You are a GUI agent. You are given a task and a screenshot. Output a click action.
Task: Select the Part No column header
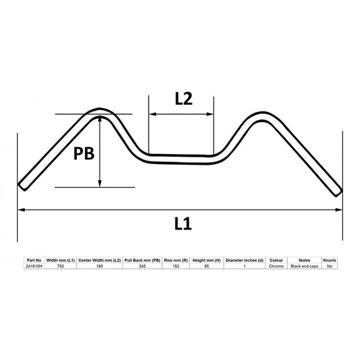point(33,259)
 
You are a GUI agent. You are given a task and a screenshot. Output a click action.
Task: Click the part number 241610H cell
point(33,266)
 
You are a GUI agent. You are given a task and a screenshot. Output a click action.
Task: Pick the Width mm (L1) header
point(61,259)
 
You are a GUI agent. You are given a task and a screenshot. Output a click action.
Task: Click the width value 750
point(61,266)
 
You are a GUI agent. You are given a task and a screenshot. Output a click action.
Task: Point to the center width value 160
point(99,266)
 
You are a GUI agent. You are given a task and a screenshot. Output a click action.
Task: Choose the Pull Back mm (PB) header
point(143,259)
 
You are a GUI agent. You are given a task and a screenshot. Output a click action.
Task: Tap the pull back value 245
point(143,266)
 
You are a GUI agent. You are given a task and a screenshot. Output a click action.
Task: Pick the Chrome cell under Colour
point(276,266)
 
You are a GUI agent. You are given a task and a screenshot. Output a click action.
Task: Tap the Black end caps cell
point(304,266)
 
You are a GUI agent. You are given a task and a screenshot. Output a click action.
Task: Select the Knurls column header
point(330,259)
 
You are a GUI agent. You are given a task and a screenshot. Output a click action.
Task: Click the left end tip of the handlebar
point(22,185)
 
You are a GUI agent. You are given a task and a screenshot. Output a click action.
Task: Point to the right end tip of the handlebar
point(338,191)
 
